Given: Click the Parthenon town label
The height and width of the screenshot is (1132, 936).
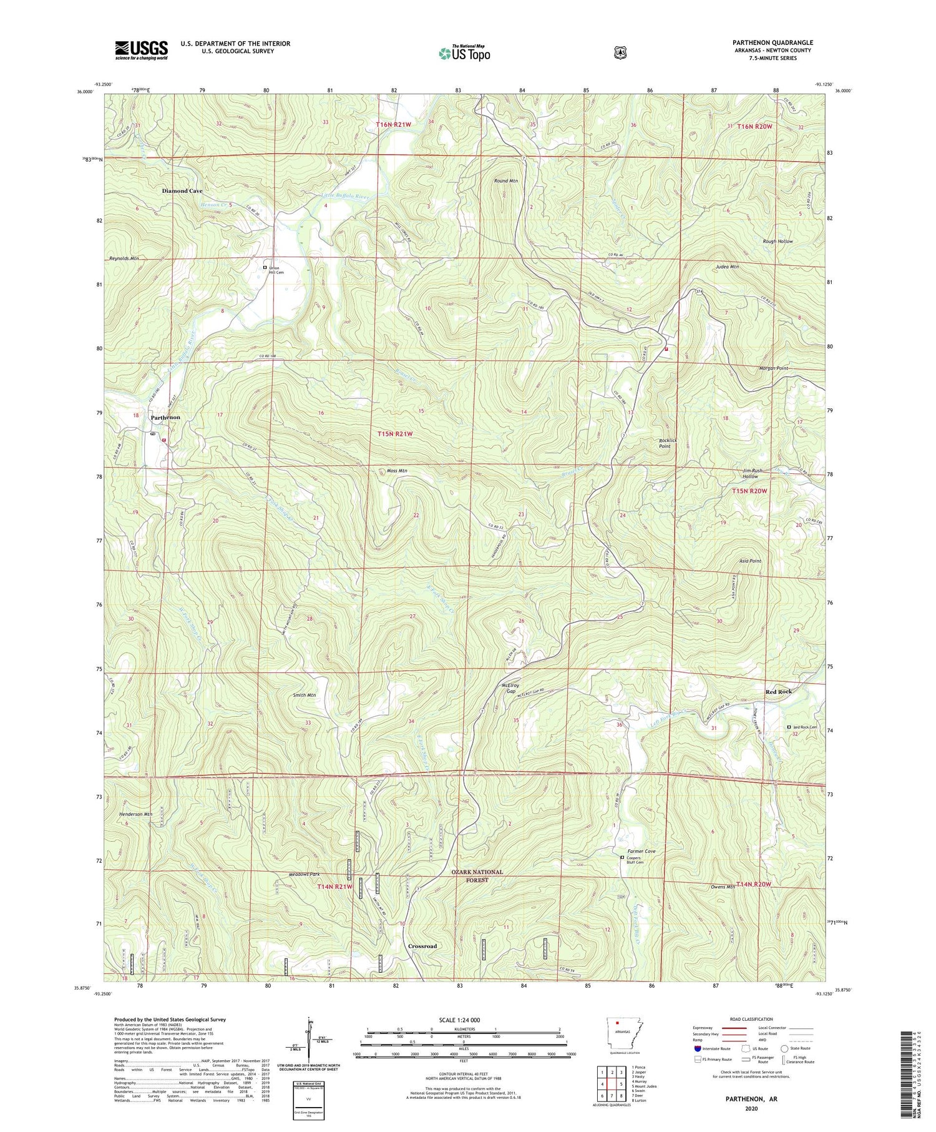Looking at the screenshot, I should pos(165,417).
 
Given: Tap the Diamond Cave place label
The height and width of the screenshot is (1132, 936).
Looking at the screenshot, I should pos(182,190).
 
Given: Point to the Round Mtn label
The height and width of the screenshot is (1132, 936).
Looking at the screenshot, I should pos(506,180).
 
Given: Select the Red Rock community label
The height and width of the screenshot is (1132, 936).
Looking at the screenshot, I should pos(779,692).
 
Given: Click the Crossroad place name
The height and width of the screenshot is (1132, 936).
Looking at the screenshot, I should pos(422,946).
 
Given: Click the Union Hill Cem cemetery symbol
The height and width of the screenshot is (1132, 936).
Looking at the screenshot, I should pos(265,267).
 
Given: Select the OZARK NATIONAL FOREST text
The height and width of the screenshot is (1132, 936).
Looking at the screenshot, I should pos(477,875).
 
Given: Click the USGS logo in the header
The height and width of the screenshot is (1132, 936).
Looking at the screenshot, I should pos(141,50).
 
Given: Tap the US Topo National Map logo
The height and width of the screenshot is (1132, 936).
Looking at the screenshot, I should pos(464,52).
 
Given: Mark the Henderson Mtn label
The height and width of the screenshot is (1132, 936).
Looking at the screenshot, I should pos(135,814).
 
